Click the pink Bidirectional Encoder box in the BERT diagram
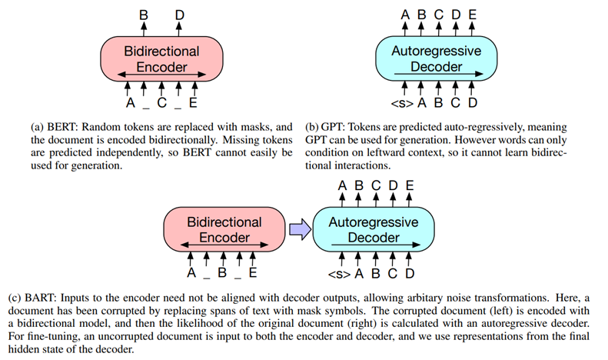161,59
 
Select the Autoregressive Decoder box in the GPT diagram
436,59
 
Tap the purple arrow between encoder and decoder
300,228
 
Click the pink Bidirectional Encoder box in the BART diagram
224,229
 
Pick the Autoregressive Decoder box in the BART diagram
373,229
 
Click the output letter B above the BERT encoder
143,15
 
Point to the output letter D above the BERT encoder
179,15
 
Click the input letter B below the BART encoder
222,272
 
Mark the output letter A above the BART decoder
343,185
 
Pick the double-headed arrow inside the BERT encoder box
161,75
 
